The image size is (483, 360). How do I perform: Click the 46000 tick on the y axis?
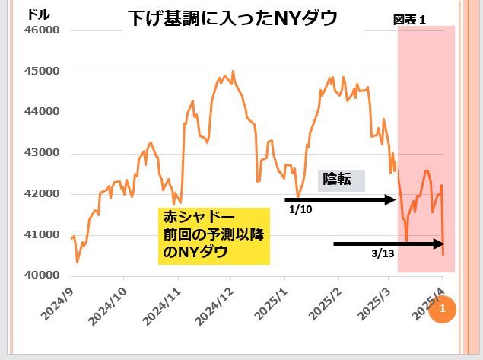[x=43, y=30]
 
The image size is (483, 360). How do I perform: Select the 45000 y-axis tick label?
[x=43, y=72]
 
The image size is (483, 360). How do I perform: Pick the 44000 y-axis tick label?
[x=43, y=112]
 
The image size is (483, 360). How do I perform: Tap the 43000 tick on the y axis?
[x=43, y=153]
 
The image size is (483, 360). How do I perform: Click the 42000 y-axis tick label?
[x=43, y=193]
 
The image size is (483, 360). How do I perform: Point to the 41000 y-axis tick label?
[x=43, y=234]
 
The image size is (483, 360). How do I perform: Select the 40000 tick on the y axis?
[x=43, y=275]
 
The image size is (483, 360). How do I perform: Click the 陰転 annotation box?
[x=337, y=180]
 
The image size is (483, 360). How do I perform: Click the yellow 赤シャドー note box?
[x=213, y=235]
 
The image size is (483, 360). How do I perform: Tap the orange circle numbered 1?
[x=442, y=310]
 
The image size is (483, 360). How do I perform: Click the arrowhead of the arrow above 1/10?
[x=392, y=199]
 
